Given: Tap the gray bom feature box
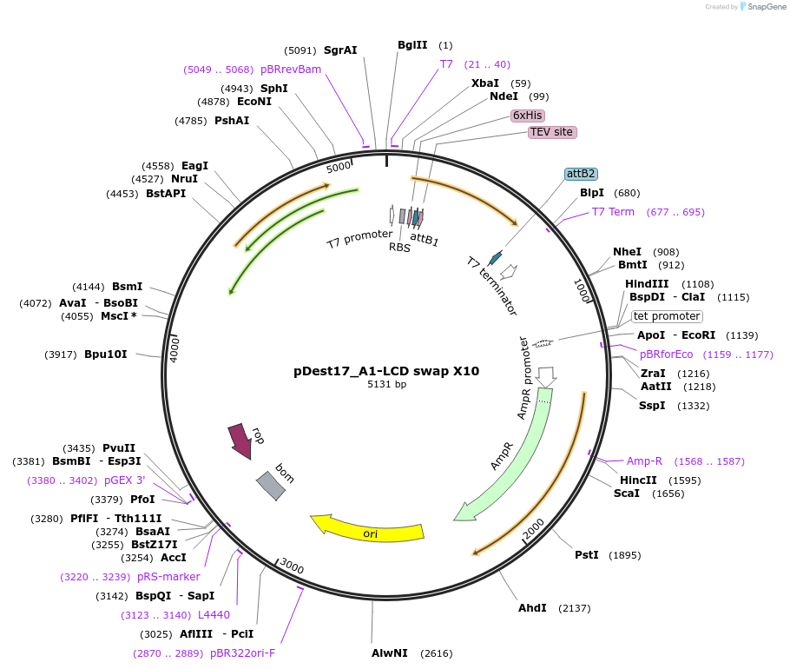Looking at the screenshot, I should [270, 486].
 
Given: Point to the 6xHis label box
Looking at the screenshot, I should [528, 115].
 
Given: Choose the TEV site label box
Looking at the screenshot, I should [551, 132].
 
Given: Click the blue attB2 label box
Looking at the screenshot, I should [581, 174].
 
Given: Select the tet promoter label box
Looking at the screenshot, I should [667, 316].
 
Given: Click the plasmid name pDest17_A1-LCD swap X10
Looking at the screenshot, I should [386, 371].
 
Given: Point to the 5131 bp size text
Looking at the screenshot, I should [386, 384].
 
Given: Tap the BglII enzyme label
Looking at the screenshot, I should [412, 45].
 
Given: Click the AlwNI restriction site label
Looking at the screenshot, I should [390, 653].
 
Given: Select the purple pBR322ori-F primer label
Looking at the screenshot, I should [242, 653].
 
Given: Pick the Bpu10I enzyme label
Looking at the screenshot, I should [106, 354].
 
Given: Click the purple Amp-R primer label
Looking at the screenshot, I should [650, 461].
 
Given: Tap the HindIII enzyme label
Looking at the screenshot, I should [647, 284].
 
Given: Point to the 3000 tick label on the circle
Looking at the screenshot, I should [292, 567].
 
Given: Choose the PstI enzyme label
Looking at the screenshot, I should [587, 555].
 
